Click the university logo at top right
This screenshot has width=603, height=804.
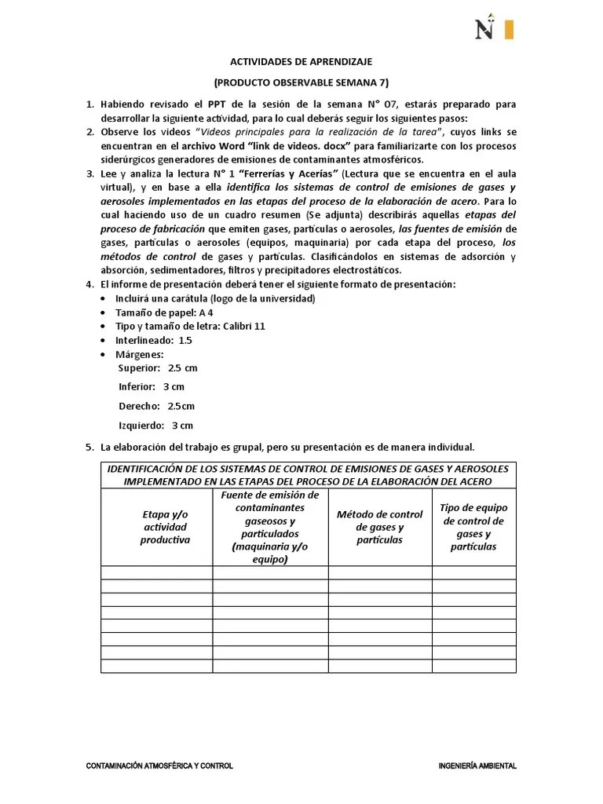(494, 28)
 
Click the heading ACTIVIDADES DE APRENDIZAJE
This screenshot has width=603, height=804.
(301, 60)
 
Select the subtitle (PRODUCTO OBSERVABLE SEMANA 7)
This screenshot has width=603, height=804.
(301, 82)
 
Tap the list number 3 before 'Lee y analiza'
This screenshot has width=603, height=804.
(90, 172)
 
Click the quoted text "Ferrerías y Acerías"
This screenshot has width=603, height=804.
(291, 172)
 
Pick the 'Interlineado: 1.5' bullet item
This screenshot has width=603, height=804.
(153, 340)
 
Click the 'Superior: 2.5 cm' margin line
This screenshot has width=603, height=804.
(158, 367)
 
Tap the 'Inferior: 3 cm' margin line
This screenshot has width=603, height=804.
(152, 386)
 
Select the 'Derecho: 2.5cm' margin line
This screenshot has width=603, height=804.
(156, 406)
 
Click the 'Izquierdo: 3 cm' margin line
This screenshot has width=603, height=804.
(155, 426)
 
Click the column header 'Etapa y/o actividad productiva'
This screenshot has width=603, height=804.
(165, 526)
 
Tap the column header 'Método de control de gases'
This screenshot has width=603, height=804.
(379, 526)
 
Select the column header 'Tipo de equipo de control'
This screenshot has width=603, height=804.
(473, 526)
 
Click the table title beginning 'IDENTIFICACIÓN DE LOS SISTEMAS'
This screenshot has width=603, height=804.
(308, 474)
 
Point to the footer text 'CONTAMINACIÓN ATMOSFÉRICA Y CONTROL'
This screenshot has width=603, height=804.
(159, 766)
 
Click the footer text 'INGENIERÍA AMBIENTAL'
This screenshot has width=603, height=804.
(477, 766)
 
